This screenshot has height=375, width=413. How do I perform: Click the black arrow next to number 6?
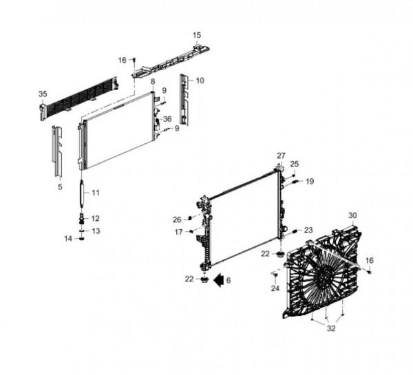point(218,279)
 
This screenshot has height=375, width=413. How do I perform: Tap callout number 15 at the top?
point(197,35)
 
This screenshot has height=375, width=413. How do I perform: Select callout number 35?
point(43,94)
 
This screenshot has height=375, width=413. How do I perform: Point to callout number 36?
point(167,119)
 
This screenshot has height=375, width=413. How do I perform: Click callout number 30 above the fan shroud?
point(352,215)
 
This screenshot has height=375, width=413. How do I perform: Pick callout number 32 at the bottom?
point(331,328)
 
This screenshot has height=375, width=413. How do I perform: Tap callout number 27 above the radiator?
point(281,156)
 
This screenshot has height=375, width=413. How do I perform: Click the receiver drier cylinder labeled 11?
point(82,193)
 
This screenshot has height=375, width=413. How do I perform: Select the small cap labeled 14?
point(82,239)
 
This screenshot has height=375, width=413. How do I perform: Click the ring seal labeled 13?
point(82,231)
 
